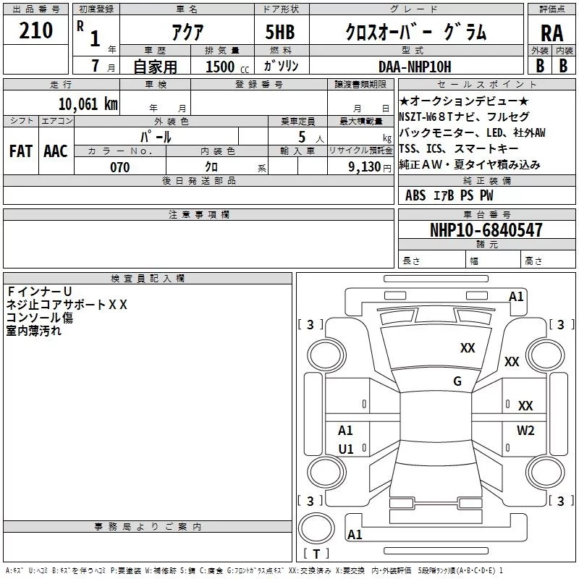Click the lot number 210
pos(35,30)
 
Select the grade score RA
pos(551,33)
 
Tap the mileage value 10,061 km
pos(88,103)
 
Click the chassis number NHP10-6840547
pos(486,229)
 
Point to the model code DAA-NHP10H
pos(415,67)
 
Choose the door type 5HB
pos(280,32)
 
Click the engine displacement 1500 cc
pos(227,67)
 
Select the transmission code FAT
pos(21,151)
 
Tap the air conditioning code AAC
pos(56,151)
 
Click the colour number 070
pos(119,167)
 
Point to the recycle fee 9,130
pos(365,167)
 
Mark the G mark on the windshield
pos(457,381)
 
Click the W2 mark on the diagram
pos(525,430)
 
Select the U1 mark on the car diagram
pos(346,449)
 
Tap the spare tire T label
pos(316,554)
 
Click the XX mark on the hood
pos(468,348)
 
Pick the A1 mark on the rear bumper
pos(355,534)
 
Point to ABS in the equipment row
pos(415,195)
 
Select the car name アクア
pos(187,32)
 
